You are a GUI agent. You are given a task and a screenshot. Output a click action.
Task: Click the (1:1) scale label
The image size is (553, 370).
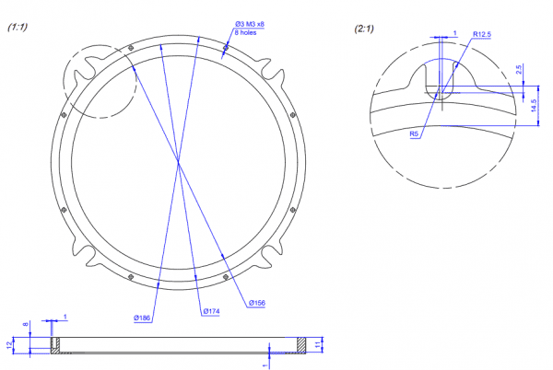point(18,27)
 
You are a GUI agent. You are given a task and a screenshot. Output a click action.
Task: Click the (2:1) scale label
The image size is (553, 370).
point(364,29)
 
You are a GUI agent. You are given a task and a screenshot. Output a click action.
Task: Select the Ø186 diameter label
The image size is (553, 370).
point(142,318)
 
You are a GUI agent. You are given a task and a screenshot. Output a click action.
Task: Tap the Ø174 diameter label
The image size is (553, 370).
point(211,311)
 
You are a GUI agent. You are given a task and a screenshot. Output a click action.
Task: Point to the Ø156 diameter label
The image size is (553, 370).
point(257,303)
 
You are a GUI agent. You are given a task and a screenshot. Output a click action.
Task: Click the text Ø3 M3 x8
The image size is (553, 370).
point(250,24)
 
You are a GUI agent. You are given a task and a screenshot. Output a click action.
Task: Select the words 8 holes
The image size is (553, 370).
point(245,33)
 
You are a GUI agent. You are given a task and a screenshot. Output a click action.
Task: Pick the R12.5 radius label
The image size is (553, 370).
point(482,34)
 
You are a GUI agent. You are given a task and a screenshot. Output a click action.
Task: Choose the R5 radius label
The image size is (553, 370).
point(414,133)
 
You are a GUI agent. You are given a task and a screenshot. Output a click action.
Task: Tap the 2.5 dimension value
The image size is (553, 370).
point(518,69)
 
